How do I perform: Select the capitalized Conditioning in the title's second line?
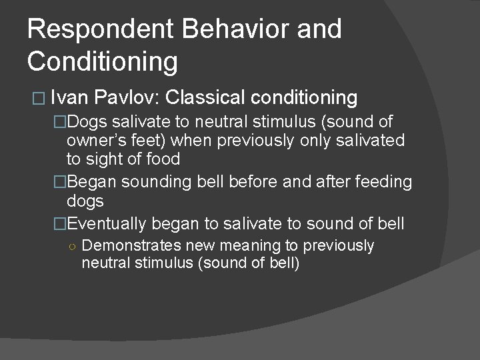pyautogui.click(x=103, y=61)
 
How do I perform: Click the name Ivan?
pyautogui.click(x=69, y=98)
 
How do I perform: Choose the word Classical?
pyautogui.click(x=208, y=98)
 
